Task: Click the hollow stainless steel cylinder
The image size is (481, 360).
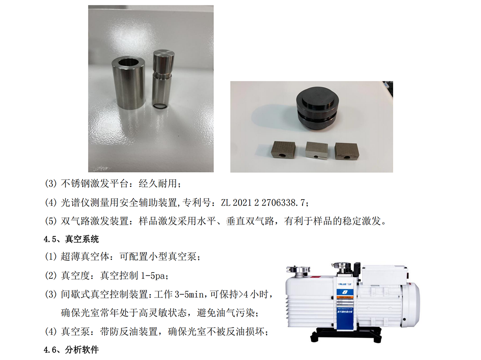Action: (x=129, y=83)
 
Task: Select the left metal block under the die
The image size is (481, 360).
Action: (x=283, y=150)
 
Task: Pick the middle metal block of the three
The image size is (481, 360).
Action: (x=317, y=150)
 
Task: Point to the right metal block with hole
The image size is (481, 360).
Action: (x=347, y=151)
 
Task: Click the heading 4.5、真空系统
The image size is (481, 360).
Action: (x=71, y=239)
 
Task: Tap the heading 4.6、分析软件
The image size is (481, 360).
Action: (x=71, y=350)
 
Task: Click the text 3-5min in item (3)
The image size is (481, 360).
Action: (x=188, y=294)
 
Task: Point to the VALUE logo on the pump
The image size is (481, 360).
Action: (x=345, y=284)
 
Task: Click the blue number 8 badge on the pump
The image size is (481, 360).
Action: (x=345, y=292)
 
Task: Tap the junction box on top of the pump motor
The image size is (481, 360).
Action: (x=385, y=274)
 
